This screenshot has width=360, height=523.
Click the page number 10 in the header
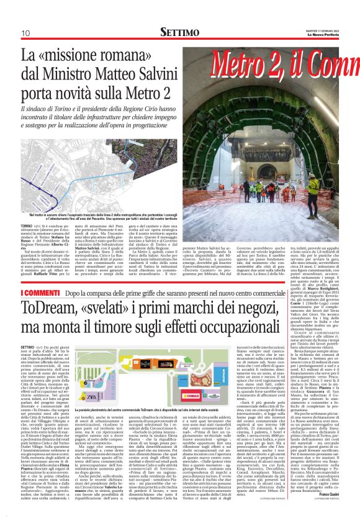[x=25, y=32]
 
